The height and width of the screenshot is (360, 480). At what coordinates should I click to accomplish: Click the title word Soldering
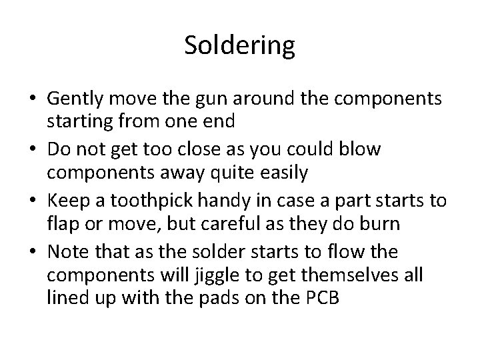239,46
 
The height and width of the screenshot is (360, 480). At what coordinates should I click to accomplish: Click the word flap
62,225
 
